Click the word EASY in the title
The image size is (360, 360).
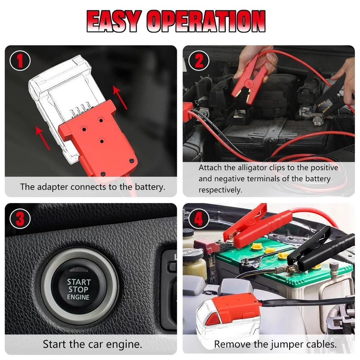(x=113, y=21)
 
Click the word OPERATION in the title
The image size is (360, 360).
(x=206, y=21)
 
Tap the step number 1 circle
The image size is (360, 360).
(x=20, y=60)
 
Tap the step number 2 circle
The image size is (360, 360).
(x=199, y=60)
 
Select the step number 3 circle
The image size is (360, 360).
(x=20, y=219)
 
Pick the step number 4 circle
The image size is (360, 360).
(x=199, y=219)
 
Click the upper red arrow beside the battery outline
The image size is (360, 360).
(x=120, y=97)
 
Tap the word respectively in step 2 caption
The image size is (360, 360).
(x=220, y=190)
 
